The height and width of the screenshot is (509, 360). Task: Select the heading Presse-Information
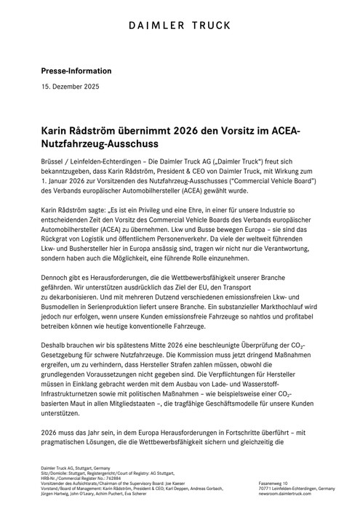tap(76, 71)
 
